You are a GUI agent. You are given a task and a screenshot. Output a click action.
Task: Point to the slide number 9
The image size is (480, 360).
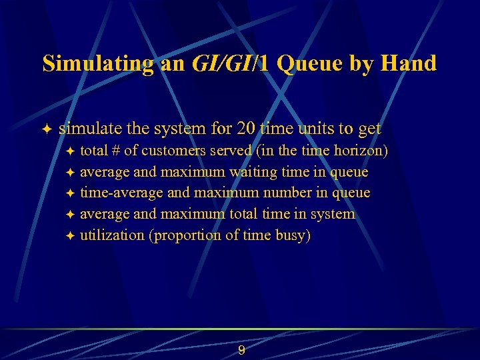point(241,351)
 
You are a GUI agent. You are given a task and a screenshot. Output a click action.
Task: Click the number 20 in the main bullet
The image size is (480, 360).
point(267,129)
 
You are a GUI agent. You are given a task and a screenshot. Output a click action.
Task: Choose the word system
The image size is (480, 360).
point(331,215)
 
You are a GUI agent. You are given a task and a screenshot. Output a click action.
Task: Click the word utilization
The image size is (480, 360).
point(111,236)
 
